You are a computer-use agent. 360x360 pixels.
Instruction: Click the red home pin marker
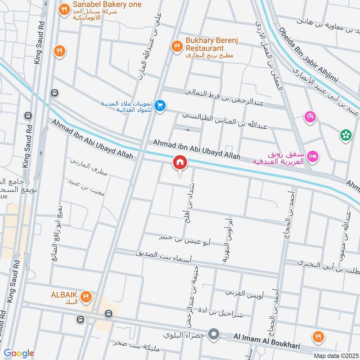[x=180, y=162]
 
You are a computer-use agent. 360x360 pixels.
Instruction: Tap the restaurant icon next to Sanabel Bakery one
[x=64, y=9]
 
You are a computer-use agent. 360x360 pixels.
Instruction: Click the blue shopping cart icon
[x=159, y=106]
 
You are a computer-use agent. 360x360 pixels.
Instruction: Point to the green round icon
[x=346, y=135]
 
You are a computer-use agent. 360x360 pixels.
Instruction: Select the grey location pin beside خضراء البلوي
[x=215, y=335]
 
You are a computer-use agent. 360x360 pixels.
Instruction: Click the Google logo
[x=19, y=353]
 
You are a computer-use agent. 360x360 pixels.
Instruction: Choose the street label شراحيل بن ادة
[x=224, y=312]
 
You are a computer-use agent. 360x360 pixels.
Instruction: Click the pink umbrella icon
[x=310, y=117]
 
